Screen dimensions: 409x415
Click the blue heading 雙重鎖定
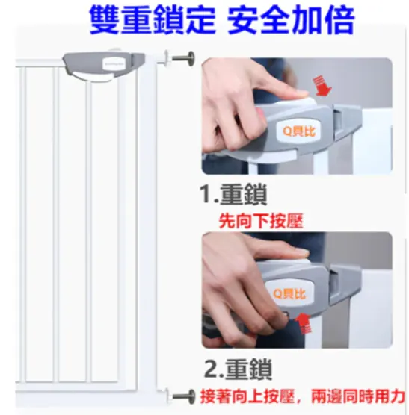click(153, 20)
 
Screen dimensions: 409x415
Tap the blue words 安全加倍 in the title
click(291, 20)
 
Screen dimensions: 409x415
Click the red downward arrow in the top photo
click(322, 86)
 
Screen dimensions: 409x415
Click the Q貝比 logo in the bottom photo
click(289, 293)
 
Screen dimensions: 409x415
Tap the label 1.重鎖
click(233, 194)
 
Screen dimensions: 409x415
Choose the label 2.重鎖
click(239, 369)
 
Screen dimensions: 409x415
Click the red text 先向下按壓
click(261, 221)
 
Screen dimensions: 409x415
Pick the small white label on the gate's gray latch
click(114, 64)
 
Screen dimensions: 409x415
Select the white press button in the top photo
click(297, 102)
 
